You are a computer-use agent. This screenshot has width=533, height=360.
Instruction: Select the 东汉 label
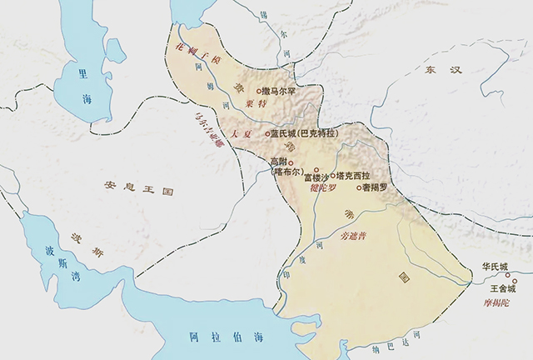pos(442,70)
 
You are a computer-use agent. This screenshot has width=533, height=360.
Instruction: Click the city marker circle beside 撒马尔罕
pos(258,91)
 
